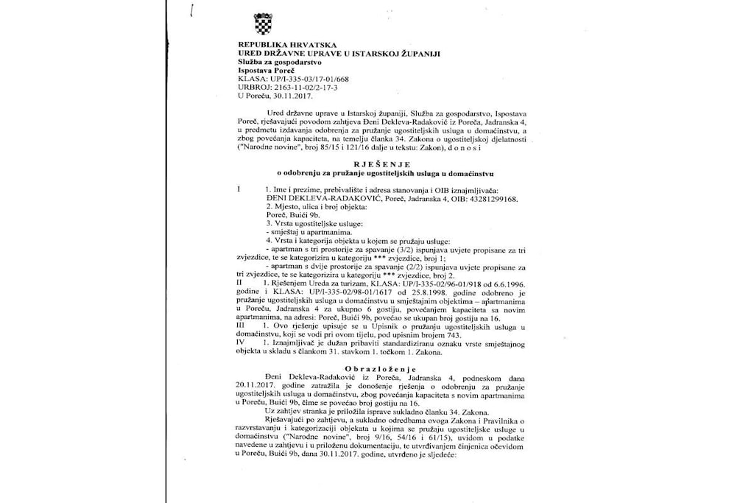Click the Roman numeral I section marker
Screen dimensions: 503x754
239,190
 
